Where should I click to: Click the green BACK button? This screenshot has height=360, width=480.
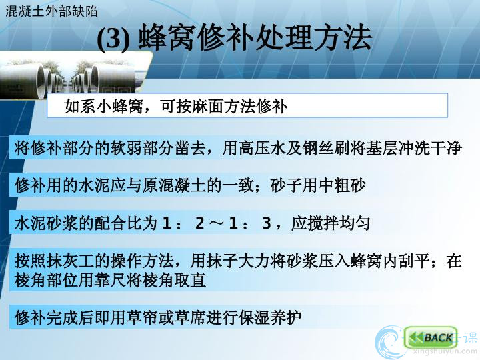[x=431, y=337]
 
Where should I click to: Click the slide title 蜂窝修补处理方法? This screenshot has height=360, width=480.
[x=255, y=38]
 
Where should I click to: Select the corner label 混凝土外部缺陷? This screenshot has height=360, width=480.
[x=51, y=11]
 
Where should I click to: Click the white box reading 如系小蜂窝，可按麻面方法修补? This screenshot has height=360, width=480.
[x=247, y=105]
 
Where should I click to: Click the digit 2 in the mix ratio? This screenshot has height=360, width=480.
[x=199, y=223]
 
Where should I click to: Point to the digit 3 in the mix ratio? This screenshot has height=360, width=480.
[x=266, y=223]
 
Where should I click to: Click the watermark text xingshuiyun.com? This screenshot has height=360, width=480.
[x=445, y=353]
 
